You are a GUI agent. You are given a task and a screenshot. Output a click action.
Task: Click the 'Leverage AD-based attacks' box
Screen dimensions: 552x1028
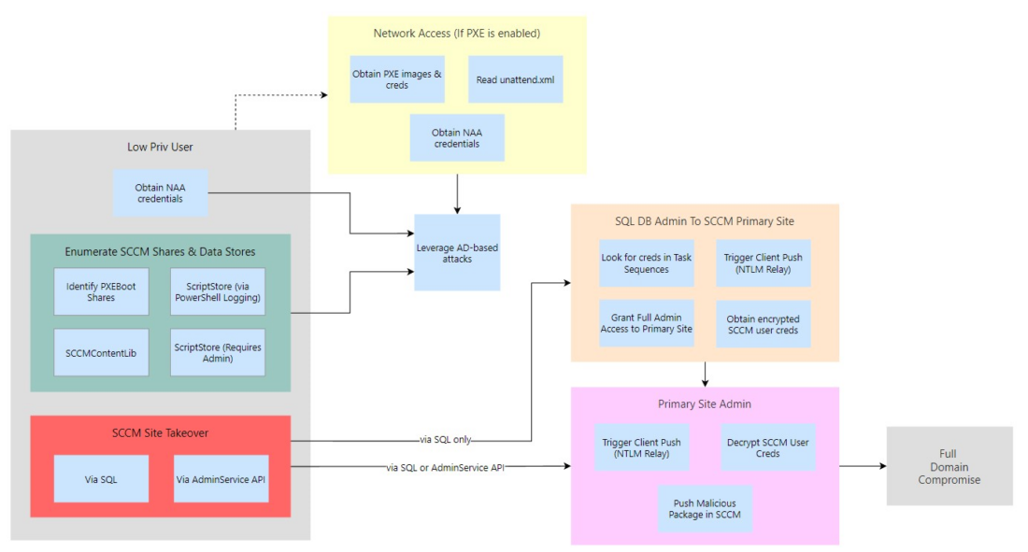[458, 252]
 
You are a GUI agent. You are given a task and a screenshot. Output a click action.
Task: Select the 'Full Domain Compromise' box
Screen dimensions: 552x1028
[949, 466]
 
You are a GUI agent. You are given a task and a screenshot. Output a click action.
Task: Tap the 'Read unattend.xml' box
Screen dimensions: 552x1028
[515, 79]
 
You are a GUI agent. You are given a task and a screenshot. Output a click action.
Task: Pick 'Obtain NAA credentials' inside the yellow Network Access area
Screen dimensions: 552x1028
[457, 138]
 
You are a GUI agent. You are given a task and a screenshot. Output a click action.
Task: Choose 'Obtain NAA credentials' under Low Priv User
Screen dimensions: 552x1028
[159, 192]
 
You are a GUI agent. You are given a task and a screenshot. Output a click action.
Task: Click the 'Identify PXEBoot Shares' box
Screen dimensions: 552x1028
[101, 291]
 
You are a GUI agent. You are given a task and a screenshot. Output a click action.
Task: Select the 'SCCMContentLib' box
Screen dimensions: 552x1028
[101, 352]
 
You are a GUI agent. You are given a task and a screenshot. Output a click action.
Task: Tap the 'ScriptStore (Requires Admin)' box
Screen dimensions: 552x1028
[218, 352]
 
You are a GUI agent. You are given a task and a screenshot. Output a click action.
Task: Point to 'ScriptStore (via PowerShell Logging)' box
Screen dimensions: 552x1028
[218, 291]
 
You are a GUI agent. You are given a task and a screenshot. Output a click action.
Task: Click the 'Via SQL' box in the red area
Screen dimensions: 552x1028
[101, 478]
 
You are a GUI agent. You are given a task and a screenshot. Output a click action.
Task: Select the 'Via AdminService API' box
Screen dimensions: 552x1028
[221, 478]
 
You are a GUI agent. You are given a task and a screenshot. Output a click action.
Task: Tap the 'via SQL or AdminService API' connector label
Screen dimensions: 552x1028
[445, 465]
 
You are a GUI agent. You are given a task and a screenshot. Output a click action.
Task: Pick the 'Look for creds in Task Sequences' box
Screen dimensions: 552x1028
[647, 262]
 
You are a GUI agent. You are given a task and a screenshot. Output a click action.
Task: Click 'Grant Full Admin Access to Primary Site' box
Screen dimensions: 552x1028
[647, 323]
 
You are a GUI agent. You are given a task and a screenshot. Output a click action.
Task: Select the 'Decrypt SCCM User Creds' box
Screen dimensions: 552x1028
[767, 447]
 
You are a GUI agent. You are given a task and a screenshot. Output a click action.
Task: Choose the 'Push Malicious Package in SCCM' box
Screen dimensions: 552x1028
[704, 508]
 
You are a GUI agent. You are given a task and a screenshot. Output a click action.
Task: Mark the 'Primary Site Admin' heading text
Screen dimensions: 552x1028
[705, 404]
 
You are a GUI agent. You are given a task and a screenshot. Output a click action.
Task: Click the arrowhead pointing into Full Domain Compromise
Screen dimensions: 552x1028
[880, 466]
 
